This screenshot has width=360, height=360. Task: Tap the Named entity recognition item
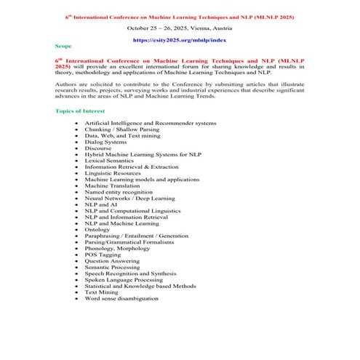(x=119, y=192)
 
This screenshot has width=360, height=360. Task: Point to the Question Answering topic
(x=113, y=260)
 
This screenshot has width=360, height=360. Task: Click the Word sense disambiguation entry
(x=121, y=298)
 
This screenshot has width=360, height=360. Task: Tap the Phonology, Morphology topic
(x=119, y=248)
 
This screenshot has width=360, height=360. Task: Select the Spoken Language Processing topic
(x=124, y=279)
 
